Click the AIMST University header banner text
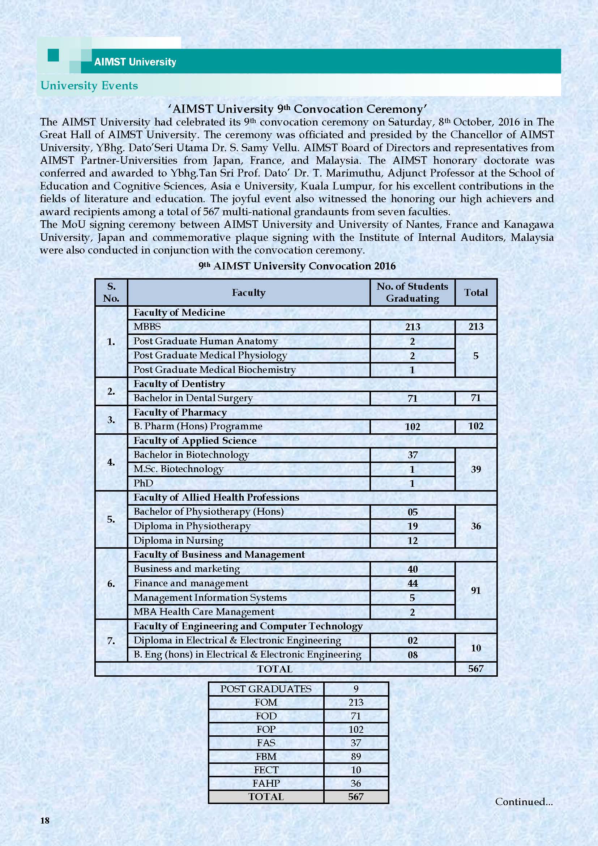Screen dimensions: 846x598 tap(135, 61)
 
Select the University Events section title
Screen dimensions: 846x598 tap(89, 85)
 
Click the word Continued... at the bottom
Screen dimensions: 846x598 tap(524, 802)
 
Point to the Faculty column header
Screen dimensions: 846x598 tap(248, 293)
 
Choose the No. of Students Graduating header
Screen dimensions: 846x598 tap(412, 292)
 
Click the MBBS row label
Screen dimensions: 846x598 tap(147, 327)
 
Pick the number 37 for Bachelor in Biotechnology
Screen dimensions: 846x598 tap(413, 455)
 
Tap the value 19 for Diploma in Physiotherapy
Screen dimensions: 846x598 tap(413, 526)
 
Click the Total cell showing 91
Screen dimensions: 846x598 tap(476, 590)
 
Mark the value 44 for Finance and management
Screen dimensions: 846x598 tap(413, 583)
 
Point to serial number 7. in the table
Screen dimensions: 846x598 tap(111, 641)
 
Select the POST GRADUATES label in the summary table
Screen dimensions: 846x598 tap(266, 689)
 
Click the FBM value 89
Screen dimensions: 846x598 tap(356, 756)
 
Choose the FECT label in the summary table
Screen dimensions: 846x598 tap(266, 770)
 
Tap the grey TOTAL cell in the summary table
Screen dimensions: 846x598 tap(266, 796)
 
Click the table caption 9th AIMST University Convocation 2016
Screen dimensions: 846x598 tap(297, 266)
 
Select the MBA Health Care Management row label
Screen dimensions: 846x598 tap(204, 612)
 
